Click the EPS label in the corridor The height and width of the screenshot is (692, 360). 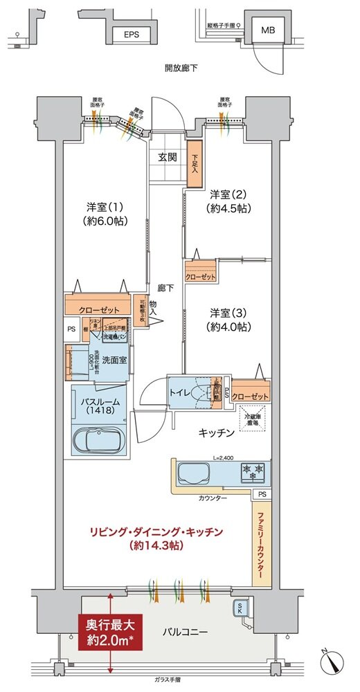pos(131,33)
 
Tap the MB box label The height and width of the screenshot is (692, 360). pos(267,30)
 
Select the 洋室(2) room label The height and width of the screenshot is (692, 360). pos(228,201)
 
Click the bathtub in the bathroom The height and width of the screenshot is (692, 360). pos(100,440)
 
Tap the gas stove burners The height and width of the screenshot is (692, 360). pos(253,473)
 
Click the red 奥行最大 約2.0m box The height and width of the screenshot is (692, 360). pos(110,632)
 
